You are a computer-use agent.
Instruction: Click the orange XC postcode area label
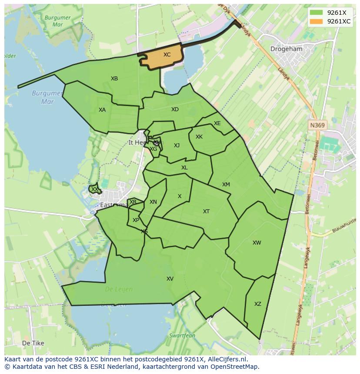coord(167,55)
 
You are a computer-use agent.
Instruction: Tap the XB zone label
coord(114,79)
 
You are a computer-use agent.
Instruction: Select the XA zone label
coord(102,110)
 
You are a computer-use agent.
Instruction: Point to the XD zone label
coord(175,109)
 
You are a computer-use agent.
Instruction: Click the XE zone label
coord(217,123)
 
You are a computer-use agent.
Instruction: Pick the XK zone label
coord(199,137)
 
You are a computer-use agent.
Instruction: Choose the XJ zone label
coord(177,146)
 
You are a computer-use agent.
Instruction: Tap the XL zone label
coord(184,168)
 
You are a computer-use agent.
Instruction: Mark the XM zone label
coord(226,185)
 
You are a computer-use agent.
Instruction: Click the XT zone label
coord(207,212)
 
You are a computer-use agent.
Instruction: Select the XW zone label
coord(257,243)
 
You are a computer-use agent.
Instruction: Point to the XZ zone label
coord(258,304)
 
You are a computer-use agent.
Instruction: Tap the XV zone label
coord(170,279)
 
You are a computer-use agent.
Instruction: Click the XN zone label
coord(153,202)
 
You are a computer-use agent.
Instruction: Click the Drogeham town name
coord(286,49)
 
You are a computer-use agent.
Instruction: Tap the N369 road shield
coord(317,125)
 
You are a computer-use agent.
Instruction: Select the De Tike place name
coord(33,343)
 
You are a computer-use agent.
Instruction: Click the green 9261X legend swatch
coord(316,13)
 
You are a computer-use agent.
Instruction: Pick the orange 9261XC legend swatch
coord(316,21)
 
